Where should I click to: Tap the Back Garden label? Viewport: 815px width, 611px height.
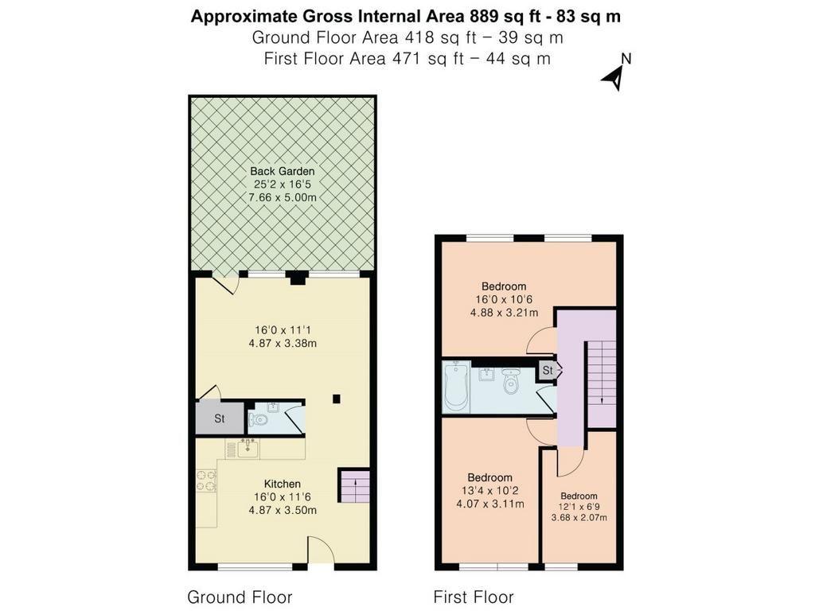coord(283,171)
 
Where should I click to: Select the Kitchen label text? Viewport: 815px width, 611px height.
coord(283,484)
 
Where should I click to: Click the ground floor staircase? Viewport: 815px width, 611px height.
coord(354,486)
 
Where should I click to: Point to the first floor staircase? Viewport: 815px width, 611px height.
coord(602,384)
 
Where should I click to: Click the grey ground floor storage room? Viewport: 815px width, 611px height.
coord(220,418)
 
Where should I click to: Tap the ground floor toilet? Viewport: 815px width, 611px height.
coord(258,418)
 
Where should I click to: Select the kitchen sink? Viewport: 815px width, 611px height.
coord(248,449)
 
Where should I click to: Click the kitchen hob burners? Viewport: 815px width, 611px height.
coord(206,481)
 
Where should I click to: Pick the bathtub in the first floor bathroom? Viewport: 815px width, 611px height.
coord(456,387)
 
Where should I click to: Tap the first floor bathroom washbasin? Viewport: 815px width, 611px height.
coord(487,374)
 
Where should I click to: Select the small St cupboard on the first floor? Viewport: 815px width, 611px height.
coord(548,371)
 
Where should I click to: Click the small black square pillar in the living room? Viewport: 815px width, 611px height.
coord(337,399)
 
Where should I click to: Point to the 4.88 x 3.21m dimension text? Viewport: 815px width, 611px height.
coord(504,313)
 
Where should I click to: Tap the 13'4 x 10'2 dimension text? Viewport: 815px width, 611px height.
coord(489,490)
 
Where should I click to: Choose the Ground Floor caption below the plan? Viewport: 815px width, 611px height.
coord(240,597)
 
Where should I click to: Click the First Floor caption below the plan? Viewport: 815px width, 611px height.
coord(474,597)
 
